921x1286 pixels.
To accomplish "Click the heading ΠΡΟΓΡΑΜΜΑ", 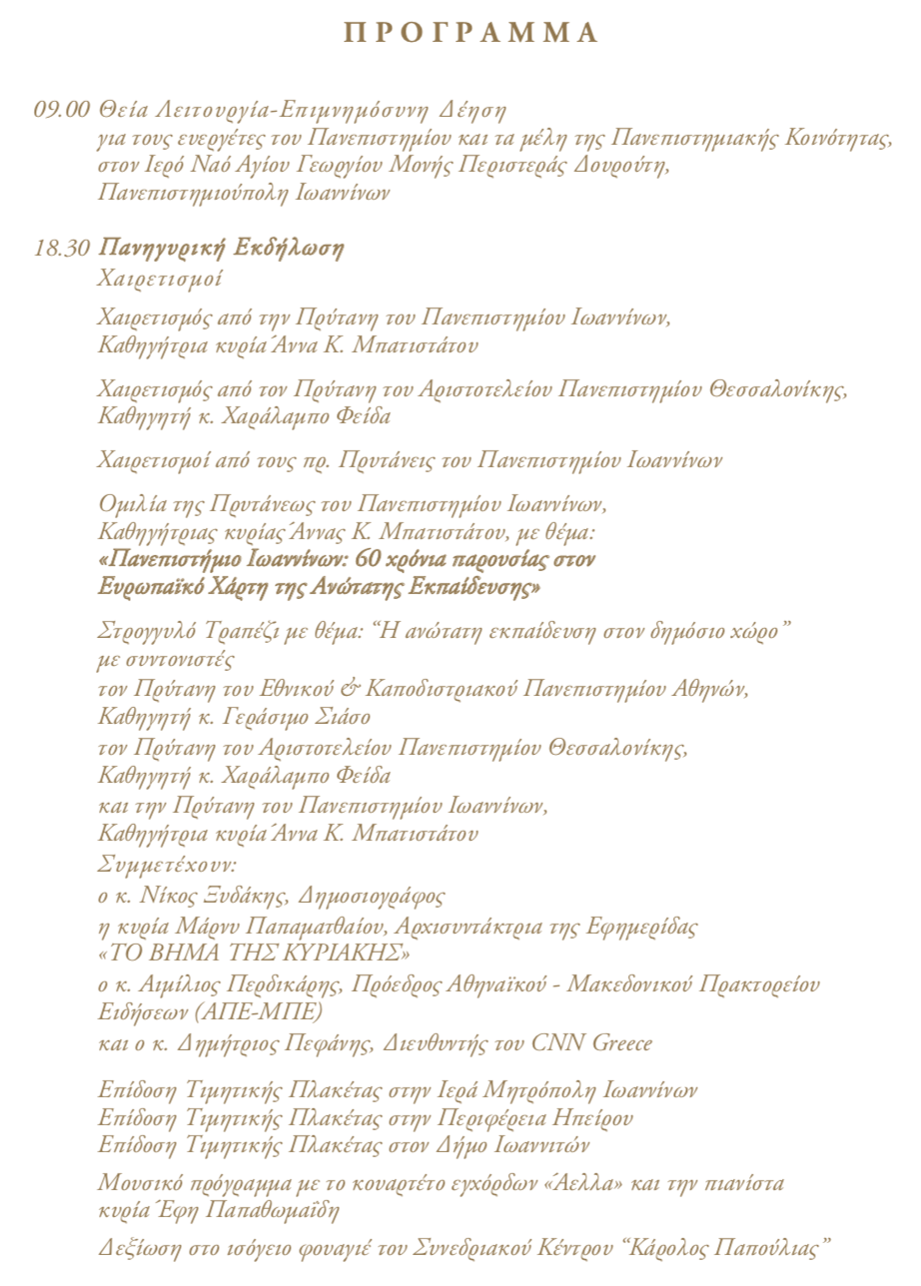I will point(470,34).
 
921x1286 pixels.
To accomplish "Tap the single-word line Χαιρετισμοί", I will point(160,278).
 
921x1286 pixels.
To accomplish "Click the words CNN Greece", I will point(593,1044).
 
